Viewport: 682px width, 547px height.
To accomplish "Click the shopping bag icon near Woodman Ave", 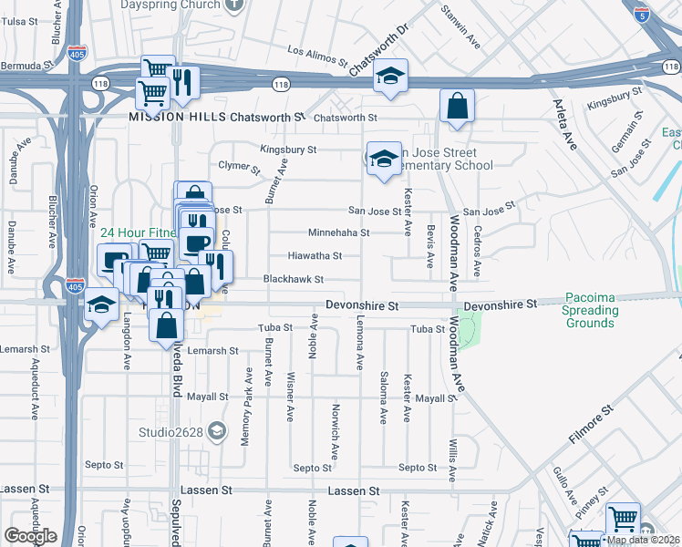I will pyautogui.click(x=457, y=107).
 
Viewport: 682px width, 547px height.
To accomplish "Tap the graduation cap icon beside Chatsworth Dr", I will pyautogui.click(x=389, y=77).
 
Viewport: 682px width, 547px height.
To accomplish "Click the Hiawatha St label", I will pyautogui.click(x=315, y=256).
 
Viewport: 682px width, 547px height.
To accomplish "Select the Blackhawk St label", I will pyautogui.click(x=294, y=279).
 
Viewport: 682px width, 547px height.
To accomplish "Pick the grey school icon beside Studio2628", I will pyautogui.click(x=216, y=430).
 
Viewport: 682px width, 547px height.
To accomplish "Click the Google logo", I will pyautogui.click(x=30, y=535).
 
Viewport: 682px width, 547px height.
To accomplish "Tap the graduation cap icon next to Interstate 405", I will pyautogui.click(x=102, y=305).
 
